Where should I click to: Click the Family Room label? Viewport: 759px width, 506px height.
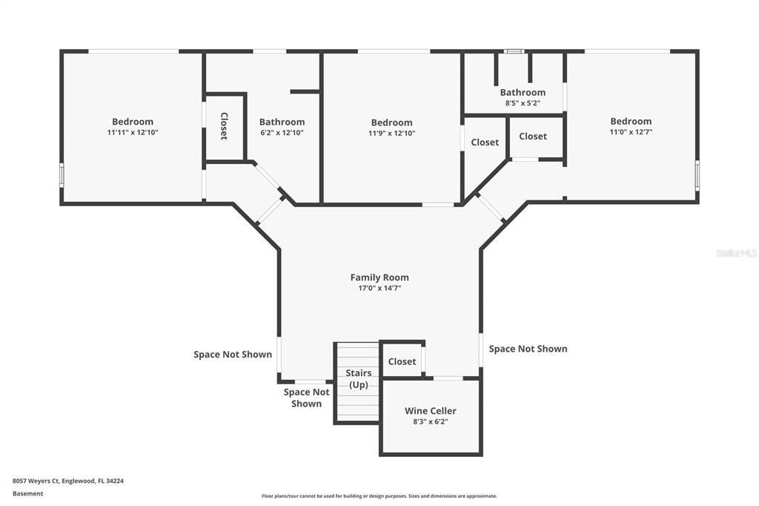(379, 277)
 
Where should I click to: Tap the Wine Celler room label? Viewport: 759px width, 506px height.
(431, 410)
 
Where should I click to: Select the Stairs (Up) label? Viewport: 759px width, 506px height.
(358, 378)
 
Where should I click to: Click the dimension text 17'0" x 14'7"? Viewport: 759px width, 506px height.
(379, 288)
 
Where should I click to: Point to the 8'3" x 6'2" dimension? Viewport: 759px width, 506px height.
(431, 421)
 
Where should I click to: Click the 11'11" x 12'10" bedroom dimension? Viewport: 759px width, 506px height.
(133, 132)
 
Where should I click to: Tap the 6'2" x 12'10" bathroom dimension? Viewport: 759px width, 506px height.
(282, 133)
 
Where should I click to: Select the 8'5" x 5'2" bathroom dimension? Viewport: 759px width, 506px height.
(523, 103)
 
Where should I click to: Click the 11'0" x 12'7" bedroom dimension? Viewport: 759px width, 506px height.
(631, 132)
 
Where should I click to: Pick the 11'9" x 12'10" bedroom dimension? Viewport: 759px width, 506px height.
(391, 134)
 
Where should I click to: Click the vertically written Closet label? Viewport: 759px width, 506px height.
(224, 126)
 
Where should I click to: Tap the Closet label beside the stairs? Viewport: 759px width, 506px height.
(402, 361)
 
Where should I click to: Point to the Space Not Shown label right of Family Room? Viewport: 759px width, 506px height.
(528, 349)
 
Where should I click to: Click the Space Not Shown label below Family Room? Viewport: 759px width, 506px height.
(306, 398)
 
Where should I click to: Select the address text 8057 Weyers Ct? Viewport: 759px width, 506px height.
(36, 481)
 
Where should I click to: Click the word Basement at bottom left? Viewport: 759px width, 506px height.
(27, 493)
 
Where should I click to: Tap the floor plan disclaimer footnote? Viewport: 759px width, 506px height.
(379, 496)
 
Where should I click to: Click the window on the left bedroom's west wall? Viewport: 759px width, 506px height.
(62, 175)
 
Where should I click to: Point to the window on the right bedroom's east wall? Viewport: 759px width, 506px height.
(697, 175)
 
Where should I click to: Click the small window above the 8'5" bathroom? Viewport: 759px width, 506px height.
(514, 51)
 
